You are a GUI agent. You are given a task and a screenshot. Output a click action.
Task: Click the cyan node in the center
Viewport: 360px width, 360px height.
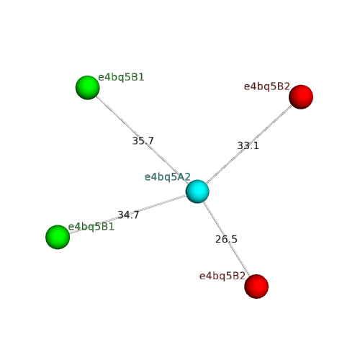pyautogui.click(x=197, y=192)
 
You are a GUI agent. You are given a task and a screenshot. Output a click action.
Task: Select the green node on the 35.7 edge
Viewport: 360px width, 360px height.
pyautogui.click(x=88, y=87)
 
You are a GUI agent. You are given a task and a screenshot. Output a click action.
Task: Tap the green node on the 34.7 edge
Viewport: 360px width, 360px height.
pyautogui.click(x=58, y=237)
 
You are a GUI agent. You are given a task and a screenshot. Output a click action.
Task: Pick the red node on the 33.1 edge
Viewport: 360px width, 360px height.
pyautogui.click(x=301, y=96)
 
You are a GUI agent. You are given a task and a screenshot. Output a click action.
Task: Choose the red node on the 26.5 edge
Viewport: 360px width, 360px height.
pyautogui.click(x=256, y=287)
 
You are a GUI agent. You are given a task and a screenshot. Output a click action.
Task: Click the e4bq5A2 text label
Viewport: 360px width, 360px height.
pyautogui.click(x=168, y=177)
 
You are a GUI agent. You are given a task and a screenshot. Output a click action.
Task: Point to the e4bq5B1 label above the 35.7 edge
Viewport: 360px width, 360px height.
pyautogui.click(x=121, y=77)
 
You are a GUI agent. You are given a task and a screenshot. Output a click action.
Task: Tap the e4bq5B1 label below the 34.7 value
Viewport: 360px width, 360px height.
pyautogui.click(x=91, y=227)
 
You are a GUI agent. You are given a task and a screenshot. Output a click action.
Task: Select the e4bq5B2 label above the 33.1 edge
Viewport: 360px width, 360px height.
pyautogui.click(x=267, y=86)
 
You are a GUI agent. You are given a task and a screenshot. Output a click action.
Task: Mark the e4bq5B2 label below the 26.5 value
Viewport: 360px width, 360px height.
pyautogui.click(x=222, y=276)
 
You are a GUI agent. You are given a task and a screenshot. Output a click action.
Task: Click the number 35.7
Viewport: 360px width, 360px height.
pyautogui.click(x=143, y=141)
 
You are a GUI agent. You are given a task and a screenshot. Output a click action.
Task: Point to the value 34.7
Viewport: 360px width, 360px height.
pyautogui.click(x=128, y=215)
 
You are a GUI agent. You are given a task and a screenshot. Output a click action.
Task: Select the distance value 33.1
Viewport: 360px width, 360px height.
pyautogui.click(x=248, y=145)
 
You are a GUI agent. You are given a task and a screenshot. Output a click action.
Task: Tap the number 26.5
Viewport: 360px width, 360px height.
pyautogui.click(x=226, y=239)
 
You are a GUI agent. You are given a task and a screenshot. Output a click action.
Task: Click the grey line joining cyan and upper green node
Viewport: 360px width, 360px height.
pyautogui.click(x=143, y=140)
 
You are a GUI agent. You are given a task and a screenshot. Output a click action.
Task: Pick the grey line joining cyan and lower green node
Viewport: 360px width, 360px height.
pyautogui.click(x=127, y=215)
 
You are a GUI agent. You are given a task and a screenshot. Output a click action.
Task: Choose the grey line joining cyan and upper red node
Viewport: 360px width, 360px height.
pyautogui.click(x=249, y=144)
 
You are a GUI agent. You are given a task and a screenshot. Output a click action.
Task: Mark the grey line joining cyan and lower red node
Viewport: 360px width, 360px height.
pyautogui.click(x=227, y=239)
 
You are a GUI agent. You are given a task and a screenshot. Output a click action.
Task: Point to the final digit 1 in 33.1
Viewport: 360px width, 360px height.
pyautogui.click(x=256, y=145)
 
